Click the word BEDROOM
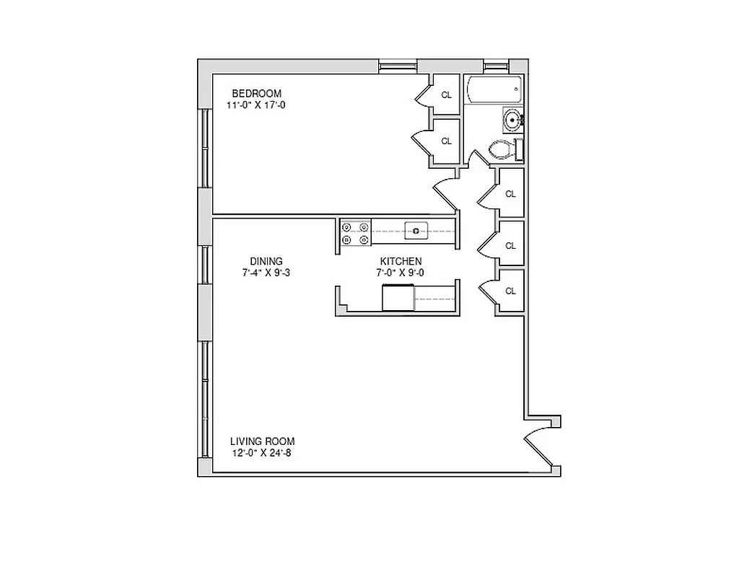tap(256, 94)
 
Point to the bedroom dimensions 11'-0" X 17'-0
tap(256, 105)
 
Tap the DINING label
tap(266, 261)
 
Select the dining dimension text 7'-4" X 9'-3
tap(266, 273)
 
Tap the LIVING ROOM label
tap(262, 441)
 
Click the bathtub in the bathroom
tap(494, 91)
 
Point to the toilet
tap(502, 150)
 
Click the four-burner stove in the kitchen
tap(355, 232)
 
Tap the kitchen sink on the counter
tap(416, 231)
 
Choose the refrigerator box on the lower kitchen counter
tap(398, 296)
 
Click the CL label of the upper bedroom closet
tap(447, 94)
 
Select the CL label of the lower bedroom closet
tap(447, 141)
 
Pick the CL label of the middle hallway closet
tap(511, 246)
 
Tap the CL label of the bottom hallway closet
tap(511, 291)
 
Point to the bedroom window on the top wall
tap(398, 67)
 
